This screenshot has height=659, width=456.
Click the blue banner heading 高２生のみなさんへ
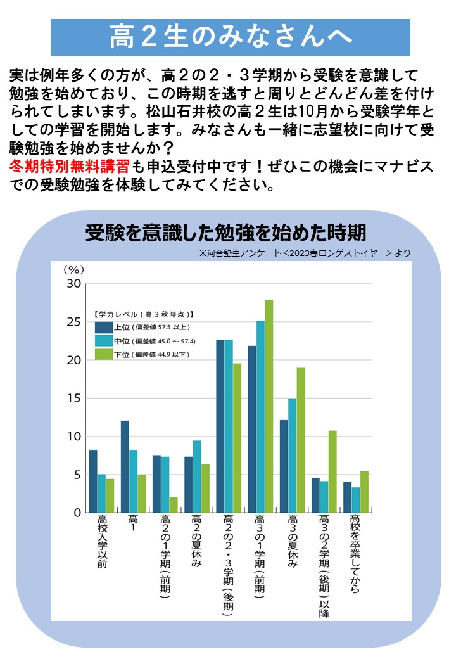point(231,37)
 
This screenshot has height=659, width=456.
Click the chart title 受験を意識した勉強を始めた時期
point(226,233)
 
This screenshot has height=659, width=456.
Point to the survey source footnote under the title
point(305,253)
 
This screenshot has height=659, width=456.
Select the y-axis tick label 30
point(73,284)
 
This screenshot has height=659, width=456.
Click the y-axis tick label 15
point(73,399)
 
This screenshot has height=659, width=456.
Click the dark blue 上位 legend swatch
point(103,327)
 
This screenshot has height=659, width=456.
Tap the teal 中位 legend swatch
point(103,340)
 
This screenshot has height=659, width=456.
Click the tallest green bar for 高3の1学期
point(269,406)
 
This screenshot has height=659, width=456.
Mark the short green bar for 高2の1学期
point(174,504)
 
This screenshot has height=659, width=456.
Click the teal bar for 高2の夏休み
point(197,476)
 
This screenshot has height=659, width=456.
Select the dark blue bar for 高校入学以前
point(93,481)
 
